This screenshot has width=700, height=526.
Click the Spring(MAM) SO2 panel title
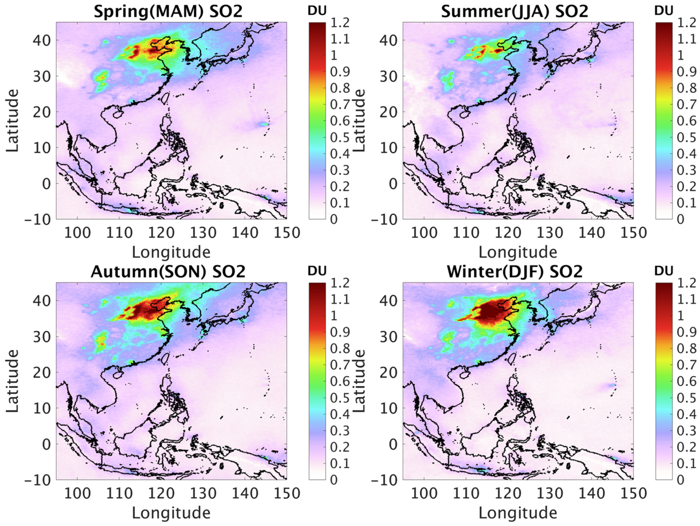168,11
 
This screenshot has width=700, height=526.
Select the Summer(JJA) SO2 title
515,11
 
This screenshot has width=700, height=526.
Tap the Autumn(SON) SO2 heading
168,271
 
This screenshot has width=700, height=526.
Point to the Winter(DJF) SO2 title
515,271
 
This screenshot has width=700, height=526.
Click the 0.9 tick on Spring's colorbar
340,72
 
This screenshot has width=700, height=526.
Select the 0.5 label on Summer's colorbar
686,137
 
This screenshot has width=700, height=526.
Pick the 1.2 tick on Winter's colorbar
686,283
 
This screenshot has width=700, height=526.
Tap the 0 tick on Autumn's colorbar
334,480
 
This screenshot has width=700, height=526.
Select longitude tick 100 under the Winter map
424,494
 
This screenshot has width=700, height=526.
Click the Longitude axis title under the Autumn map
171,512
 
